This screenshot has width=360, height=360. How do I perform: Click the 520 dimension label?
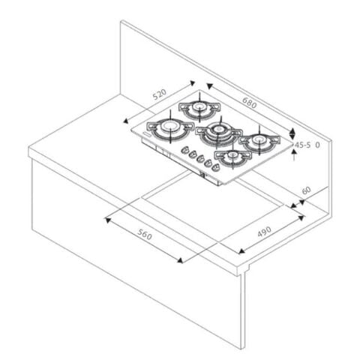(160, 94)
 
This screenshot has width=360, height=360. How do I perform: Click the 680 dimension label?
(250, 103)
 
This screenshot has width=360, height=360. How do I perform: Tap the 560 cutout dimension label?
(145, 235)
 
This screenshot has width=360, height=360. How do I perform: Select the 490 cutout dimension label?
(264, 231)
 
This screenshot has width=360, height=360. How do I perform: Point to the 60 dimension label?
(307, 190)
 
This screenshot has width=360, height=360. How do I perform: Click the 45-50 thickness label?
(307, 145)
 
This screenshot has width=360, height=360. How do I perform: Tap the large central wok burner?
(218, 133)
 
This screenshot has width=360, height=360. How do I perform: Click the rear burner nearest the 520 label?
(199, 109)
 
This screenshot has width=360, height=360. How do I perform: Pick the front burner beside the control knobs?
(233, 157)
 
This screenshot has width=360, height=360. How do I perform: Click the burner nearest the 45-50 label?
(259, 142)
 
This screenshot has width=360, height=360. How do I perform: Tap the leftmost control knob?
(185, 150)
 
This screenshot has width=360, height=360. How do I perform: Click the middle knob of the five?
(200, 158)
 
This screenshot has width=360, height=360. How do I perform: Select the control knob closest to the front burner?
(215, 167)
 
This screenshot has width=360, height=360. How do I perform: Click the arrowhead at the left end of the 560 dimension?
(108, 220)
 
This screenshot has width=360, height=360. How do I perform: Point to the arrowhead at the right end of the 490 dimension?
(301, 218)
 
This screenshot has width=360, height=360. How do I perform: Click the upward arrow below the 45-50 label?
(294, 155)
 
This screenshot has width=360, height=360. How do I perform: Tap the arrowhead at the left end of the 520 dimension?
(126, 121)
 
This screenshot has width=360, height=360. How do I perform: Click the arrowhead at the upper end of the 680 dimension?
(209, 86)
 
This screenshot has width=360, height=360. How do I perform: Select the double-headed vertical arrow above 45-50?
(292, 133)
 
